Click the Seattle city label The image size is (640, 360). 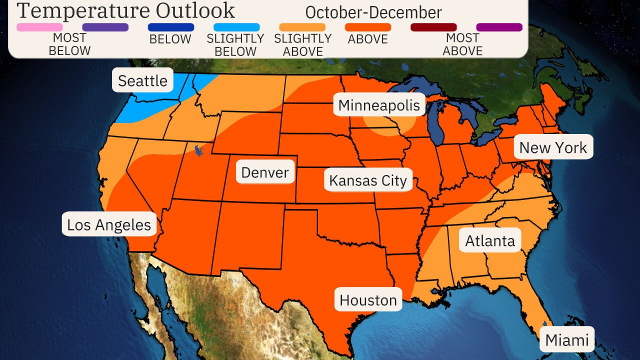pyautogui.click(x=142, y=80)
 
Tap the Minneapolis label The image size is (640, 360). pyautogui.click(x=379, y=105)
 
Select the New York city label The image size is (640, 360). pyautogui.click(x=553, y=147)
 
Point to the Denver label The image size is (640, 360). pyautogui.click(x=265, y=172)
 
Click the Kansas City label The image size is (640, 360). pyautogui.click(x=368, y=180)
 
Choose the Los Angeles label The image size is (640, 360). pyautogui.click(x=109, y=224)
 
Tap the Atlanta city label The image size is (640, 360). pyautogui.click(x=489, y=240)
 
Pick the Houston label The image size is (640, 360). pyautogui.click(x=368, y=300)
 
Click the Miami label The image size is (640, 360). pyautogui.click(x=566, y=340)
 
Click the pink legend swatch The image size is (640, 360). pyautogui.click(x=39, y=27)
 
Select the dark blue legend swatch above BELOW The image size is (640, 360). pyautogui.click(x=171, y=27)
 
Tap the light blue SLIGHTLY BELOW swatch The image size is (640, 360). pyautogui.click(x=236, y=27)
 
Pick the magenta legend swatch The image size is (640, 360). pyautogui.click(x=499, y=27)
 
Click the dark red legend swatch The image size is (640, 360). pyautogui.click(x=433, y=27)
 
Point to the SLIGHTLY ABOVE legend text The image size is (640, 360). pyautogui.click(x=302, y=44)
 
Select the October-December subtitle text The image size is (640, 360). pyautogui.click(x=373, y=12)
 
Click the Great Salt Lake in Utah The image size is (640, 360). pyautogui.click(x=199, y=149)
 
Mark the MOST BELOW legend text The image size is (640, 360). pyautogui.click(x=69, y=44)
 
